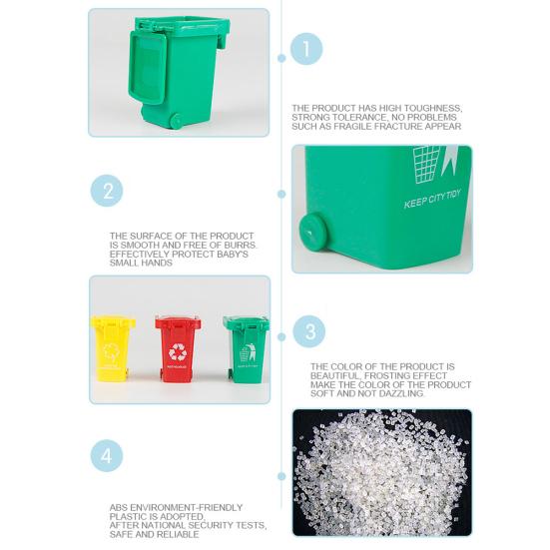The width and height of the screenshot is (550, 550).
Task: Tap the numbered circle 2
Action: pos(107,191)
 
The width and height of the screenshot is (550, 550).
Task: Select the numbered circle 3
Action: pos(311,331)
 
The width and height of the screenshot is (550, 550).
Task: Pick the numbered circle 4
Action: pos(107,456)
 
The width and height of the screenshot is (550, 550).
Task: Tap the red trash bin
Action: pos(178,348)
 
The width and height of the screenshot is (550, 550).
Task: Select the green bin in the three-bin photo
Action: pos(246,348)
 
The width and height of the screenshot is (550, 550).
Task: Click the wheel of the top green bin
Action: pos(176,121)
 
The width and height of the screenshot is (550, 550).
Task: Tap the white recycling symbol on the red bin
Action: pos(178,351)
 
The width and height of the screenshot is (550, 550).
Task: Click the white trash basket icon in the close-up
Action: pos(427,160)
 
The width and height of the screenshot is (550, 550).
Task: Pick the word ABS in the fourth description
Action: pos(119,507)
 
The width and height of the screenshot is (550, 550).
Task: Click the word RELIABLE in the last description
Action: pos(177,534)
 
